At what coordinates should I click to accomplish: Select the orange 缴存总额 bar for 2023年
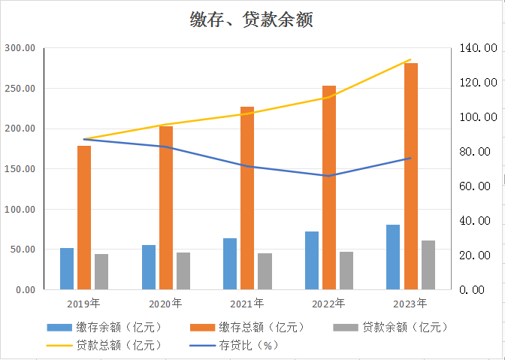tap(411, 176)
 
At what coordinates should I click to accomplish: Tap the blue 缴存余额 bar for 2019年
tap(67, 268)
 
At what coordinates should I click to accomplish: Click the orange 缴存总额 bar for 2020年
tap(166, 207)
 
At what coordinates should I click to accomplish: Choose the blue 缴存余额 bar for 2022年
tap(312, 260)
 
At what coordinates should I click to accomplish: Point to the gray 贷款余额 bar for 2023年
tap(428, 265)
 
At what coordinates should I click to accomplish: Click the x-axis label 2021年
tap(247, 304)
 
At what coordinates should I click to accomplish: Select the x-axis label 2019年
tap(83, 304)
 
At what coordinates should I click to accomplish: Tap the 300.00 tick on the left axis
tap(20, 48)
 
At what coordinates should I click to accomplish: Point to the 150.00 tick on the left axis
tap(20, 169)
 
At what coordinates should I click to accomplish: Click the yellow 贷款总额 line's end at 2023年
tap(411, 59)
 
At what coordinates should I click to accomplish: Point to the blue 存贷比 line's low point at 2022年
tap(329, 176)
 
